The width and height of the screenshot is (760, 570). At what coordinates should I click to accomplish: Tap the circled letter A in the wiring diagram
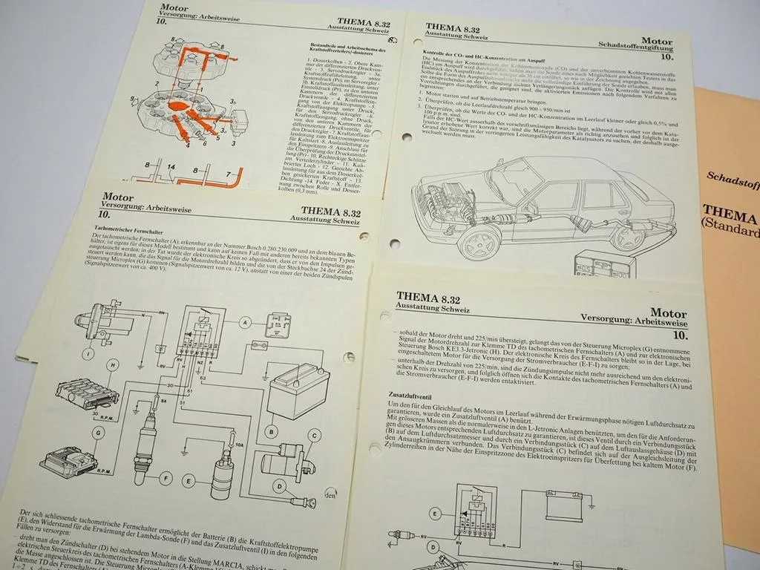coord(245,323)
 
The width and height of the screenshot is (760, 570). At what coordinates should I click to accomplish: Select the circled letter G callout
coord(99,431)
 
